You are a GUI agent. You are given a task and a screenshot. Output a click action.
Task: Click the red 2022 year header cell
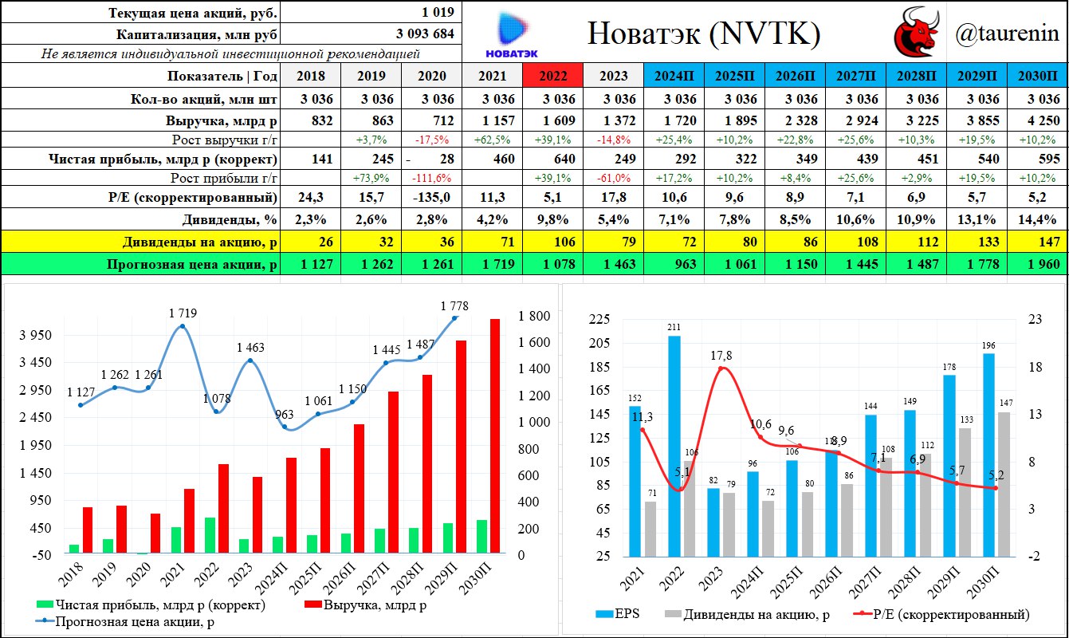[552, 76]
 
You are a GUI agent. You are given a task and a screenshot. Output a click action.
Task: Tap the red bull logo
[918, 33]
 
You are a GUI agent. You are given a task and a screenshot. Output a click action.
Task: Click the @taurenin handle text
[1007, 33]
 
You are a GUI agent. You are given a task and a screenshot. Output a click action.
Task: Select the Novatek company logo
[511, 33]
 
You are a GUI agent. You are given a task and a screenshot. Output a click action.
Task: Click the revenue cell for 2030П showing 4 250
[1037, 121]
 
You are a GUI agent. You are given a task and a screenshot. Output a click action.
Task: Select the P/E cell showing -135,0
[431, 197]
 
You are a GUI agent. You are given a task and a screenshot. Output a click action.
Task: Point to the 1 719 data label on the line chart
[183, 313]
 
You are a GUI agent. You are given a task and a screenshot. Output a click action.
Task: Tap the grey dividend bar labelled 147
[1004, 483]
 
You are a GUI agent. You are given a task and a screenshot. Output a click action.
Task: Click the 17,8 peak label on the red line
[720, 355]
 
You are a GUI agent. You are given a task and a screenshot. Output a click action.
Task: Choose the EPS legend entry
[619, 614]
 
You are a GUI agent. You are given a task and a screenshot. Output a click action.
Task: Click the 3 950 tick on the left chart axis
[37, 336]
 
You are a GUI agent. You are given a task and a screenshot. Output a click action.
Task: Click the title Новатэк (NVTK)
[704, 33]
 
